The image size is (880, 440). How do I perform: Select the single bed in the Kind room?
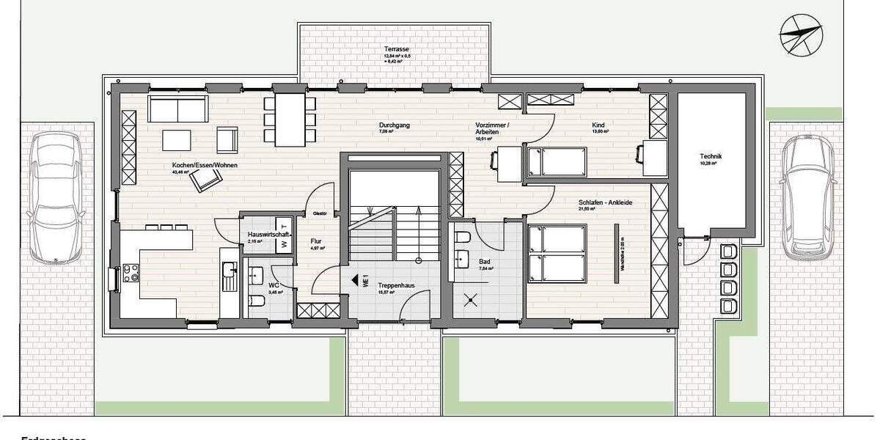(x=557, y=161)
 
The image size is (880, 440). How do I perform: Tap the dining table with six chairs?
(x=290, y=119)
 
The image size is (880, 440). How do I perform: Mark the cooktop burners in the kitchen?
(x=131, y=273)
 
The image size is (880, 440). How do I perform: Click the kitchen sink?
(x=229, y=275)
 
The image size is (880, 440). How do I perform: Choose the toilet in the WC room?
(x=257, y=301)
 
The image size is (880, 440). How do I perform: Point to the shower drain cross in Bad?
(x=471, y=299)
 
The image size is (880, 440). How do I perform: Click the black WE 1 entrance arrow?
(x=357, y=280)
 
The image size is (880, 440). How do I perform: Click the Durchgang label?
(x=395, y=125)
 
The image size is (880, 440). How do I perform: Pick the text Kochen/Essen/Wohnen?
(x=194, y=165)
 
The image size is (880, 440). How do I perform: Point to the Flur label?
(x=316, y=241)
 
